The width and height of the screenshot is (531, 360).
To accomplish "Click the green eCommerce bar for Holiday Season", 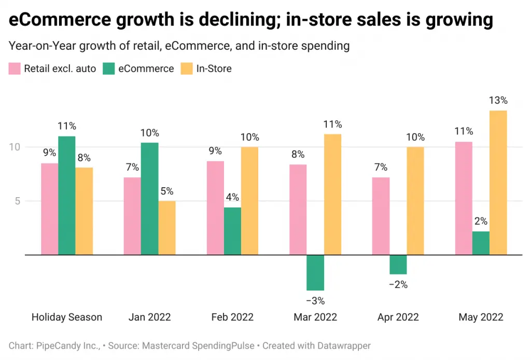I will [x=66, y=196].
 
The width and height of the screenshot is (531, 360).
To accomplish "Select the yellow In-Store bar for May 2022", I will [x=498, y=182].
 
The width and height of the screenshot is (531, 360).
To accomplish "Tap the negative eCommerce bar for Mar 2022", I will [x=315, y=272].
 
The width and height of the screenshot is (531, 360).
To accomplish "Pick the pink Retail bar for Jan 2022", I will [x=132, y=216].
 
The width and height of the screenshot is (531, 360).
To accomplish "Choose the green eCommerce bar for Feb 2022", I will [x=232, y=231].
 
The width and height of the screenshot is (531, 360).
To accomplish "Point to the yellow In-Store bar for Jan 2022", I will [x=166, y=228].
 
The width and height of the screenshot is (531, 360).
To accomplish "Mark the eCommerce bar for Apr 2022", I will [x=398, y=265].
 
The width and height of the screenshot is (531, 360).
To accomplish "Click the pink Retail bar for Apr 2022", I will [x=381, y=216].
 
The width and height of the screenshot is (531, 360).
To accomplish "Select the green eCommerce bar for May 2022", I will [x=481, y=243].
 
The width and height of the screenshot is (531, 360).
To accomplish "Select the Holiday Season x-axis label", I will [x=67, y=317].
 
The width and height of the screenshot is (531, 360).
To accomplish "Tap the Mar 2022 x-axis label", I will [x=315, y=317].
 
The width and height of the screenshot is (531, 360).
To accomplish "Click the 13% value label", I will [x=498, y=101].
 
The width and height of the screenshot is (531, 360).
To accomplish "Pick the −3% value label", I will [x=315, y=300].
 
